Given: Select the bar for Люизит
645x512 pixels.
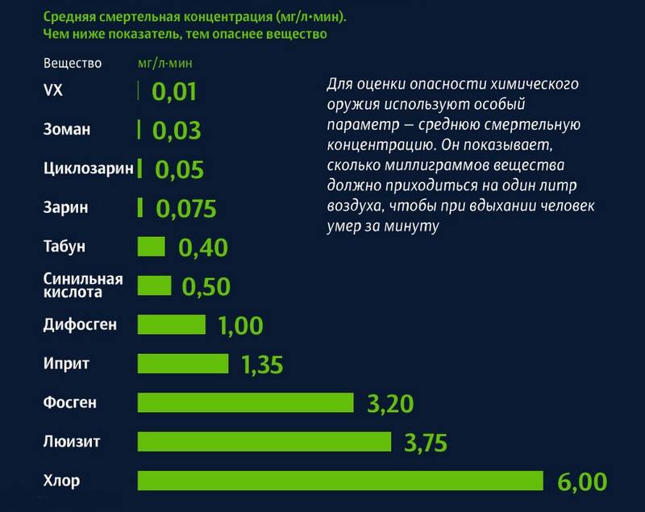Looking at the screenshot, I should (x=264, y=442).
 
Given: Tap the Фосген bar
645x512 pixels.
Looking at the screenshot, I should (x=246, y=402).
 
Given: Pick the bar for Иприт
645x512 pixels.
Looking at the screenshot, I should (x=183, y=364).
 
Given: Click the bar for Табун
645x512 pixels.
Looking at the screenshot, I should (x=152, y=246).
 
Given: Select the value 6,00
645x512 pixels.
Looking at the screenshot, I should (x=581, y=481).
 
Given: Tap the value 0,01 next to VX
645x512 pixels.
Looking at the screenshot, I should (x=174, y=90).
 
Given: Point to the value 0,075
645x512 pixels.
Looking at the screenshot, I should (x=186, y=209).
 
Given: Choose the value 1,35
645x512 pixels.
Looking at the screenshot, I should (x=262, y=364).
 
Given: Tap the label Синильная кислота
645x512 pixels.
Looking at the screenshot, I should (x=82, y=285).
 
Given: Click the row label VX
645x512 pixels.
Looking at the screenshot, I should (x=52, y=89).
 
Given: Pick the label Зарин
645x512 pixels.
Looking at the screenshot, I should (x=65, y=206).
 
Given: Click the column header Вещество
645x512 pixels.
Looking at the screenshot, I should (x=71, y=62).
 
